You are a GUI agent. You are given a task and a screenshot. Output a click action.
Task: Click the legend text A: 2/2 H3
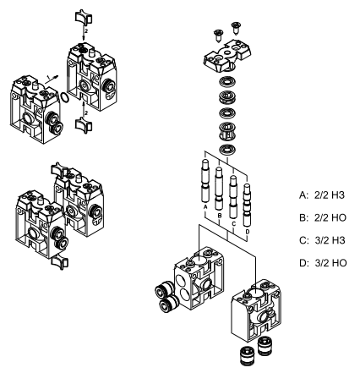pos(322,195)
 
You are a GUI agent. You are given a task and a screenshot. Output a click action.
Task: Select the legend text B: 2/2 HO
pos(323,217)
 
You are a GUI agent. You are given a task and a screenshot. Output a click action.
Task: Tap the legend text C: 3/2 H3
pos(322,240)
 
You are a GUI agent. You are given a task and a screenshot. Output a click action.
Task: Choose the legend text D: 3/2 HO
pos(323,263)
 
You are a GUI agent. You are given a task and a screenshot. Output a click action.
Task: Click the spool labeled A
pos(205,181)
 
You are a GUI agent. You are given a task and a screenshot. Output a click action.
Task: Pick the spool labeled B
pos(219,189)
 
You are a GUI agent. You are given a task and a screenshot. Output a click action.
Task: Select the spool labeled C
pos(232,197)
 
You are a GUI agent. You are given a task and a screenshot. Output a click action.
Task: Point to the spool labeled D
pos(247,205)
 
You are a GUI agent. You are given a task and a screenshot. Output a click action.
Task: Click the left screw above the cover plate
pos(218,36)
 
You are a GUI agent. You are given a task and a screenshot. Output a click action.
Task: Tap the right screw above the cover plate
pos(236,28)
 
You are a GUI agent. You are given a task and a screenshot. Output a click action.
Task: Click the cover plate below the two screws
pos(227,56)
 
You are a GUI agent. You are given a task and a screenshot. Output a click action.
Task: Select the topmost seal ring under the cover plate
pos(227,83)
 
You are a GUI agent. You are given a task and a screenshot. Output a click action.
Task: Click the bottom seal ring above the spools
pos(227,149)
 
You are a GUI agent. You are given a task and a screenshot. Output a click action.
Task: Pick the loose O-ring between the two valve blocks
pos(65,97)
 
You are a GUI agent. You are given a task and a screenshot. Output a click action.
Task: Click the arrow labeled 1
pos(52,79)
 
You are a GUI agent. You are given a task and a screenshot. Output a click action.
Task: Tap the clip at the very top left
pos(84,17)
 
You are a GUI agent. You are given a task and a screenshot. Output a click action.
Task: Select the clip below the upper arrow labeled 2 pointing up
pos(84,125)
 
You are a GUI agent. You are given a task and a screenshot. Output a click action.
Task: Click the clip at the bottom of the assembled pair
pos(60,261)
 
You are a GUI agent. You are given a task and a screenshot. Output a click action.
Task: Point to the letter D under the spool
pos(248,232)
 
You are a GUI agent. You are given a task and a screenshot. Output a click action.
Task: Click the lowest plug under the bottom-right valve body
pos(248,356)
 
